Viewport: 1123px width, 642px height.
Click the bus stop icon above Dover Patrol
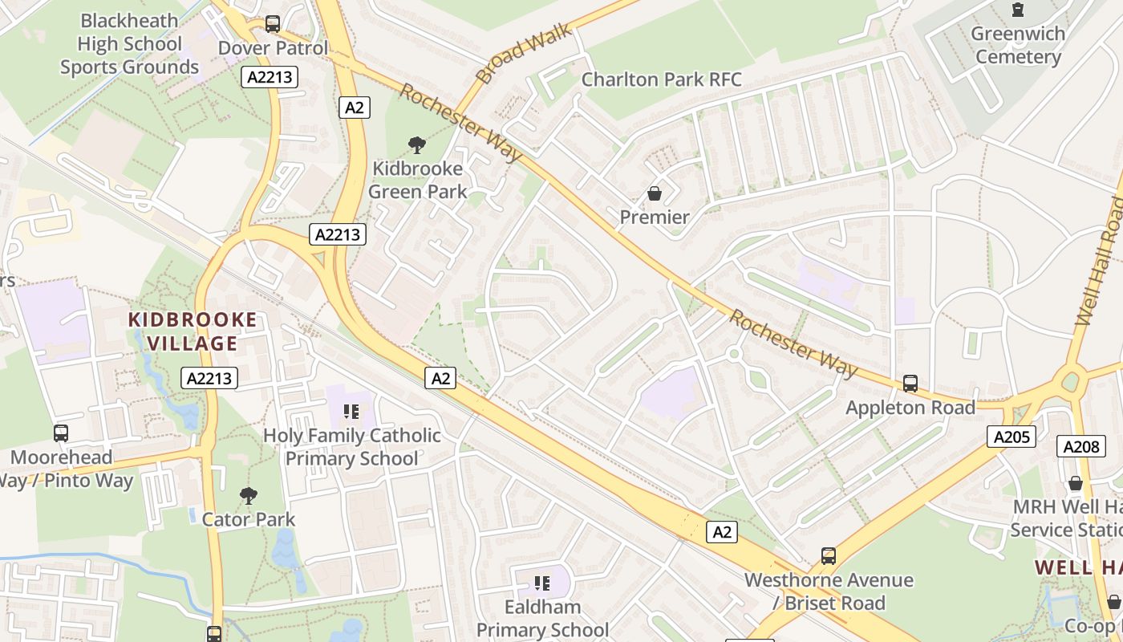pos(273,24)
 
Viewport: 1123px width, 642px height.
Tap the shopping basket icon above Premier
pos(655,193)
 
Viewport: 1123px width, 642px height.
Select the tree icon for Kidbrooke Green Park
pos(417,145)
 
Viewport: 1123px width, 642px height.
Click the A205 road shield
pos(1011,437)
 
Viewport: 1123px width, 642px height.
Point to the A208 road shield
pos(1080,447)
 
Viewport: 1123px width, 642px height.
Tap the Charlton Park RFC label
pos(661,79)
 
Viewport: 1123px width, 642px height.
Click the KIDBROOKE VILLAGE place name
pos(193,331)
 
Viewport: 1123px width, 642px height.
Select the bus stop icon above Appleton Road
pos(910,384)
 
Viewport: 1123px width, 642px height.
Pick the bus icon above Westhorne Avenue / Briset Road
pos(829,555)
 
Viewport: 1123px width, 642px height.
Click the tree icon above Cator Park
pos(249,496)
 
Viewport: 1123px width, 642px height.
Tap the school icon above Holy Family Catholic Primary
pos(351,412)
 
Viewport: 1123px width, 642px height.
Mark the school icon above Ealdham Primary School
pos(542,583)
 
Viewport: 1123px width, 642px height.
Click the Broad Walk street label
pos(523,53)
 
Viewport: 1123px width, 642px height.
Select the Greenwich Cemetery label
pos(1018,45)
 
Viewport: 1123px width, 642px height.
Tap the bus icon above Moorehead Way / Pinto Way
pos(61,433)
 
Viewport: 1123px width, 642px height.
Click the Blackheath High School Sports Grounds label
pos(130,44)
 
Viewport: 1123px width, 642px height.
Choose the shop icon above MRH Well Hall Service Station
pos(1076,483)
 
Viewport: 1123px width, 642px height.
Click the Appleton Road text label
pos(910,408)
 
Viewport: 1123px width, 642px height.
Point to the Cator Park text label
pos(249,519)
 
